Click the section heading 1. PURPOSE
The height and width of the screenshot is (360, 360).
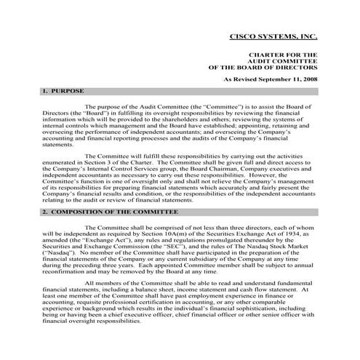coord(63,91)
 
